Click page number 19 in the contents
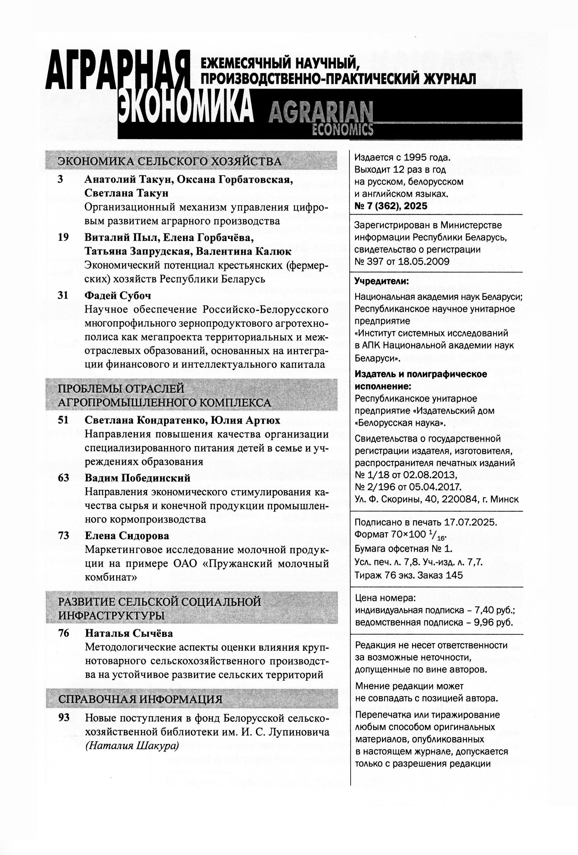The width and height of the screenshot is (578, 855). pyautogui.click(x=63, y=237)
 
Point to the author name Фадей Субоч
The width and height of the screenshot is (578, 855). pyautogui.click(x=117, y=295)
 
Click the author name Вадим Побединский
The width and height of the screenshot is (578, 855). pyautogui.click(x=138, y=478)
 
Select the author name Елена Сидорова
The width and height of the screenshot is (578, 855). pyautogui.click(x=127, y=536)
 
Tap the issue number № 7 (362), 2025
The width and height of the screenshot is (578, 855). pyautogui.click(x=391, y=206)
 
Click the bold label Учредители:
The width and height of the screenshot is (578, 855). pyautogui.click(x=381, y=282)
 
